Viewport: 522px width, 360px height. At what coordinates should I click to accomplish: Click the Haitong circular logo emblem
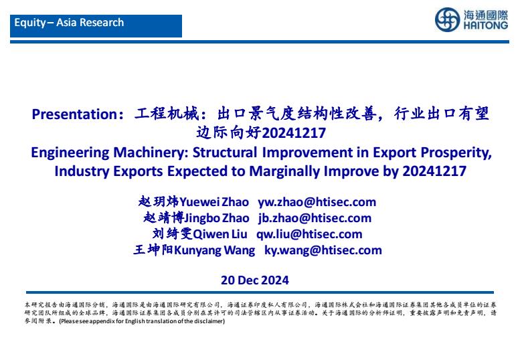point(448,20)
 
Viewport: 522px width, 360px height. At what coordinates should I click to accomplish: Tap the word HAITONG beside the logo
point(486,25)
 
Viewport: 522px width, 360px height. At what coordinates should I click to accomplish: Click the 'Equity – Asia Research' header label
point(69,23)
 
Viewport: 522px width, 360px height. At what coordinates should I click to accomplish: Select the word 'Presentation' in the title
point(74,114)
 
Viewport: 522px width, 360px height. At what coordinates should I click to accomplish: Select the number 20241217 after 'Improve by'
point(434,171)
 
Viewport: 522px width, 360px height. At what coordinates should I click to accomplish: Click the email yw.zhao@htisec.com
point(317,202)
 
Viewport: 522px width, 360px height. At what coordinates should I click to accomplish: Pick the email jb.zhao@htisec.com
point(315,218)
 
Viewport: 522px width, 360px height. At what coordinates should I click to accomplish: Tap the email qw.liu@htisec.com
point(309,234)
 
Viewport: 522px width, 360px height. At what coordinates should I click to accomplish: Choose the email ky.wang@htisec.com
point(323,250)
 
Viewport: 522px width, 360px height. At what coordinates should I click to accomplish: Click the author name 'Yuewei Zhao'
point(214,202)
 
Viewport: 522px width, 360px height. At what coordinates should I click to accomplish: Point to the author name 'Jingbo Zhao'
point(216,218)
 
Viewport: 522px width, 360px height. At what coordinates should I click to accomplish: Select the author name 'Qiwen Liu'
point(220,234)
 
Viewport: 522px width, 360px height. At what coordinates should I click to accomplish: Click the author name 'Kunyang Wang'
point(214,250)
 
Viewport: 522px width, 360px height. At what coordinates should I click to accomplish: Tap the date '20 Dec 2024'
point(255,280)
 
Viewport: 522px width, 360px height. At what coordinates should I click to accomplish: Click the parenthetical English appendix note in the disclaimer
point(142,321)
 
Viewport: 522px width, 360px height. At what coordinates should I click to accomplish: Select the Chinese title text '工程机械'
point(167,114)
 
